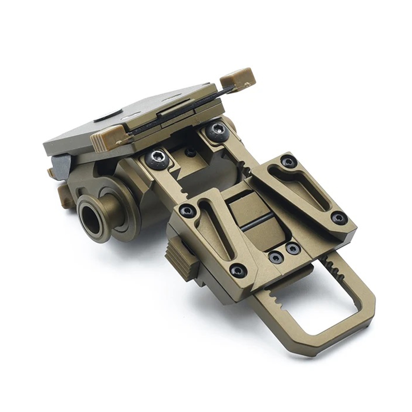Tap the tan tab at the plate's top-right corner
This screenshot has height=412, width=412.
[237, 77]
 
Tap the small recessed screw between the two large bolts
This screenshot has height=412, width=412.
[190, 152]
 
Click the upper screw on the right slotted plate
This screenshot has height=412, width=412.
[289, 162]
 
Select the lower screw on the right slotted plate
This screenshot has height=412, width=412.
[338, 217]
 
